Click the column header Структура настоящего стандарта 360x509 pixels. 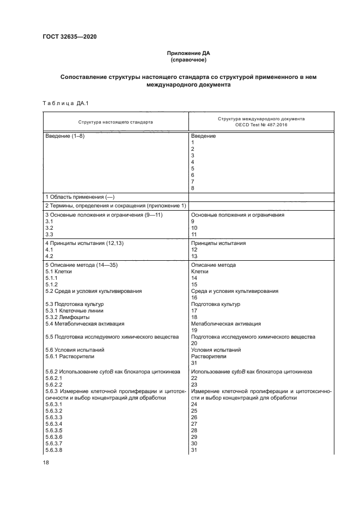(115, 122)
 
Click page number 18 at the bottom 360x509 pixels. (45, 462)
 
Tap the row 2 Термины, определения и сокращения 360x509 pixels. (115, 206)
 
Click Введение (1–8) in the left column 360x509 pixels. (65, 136)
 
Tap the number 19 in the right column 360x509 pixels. (194, 330)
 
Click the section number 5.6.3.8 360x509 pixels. (53, 449)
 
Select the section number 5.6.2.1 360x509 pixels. (53, 377)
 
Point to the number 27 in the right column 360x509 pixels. (194, 423)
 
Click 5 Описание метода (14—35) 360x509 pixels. (82, 265)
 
